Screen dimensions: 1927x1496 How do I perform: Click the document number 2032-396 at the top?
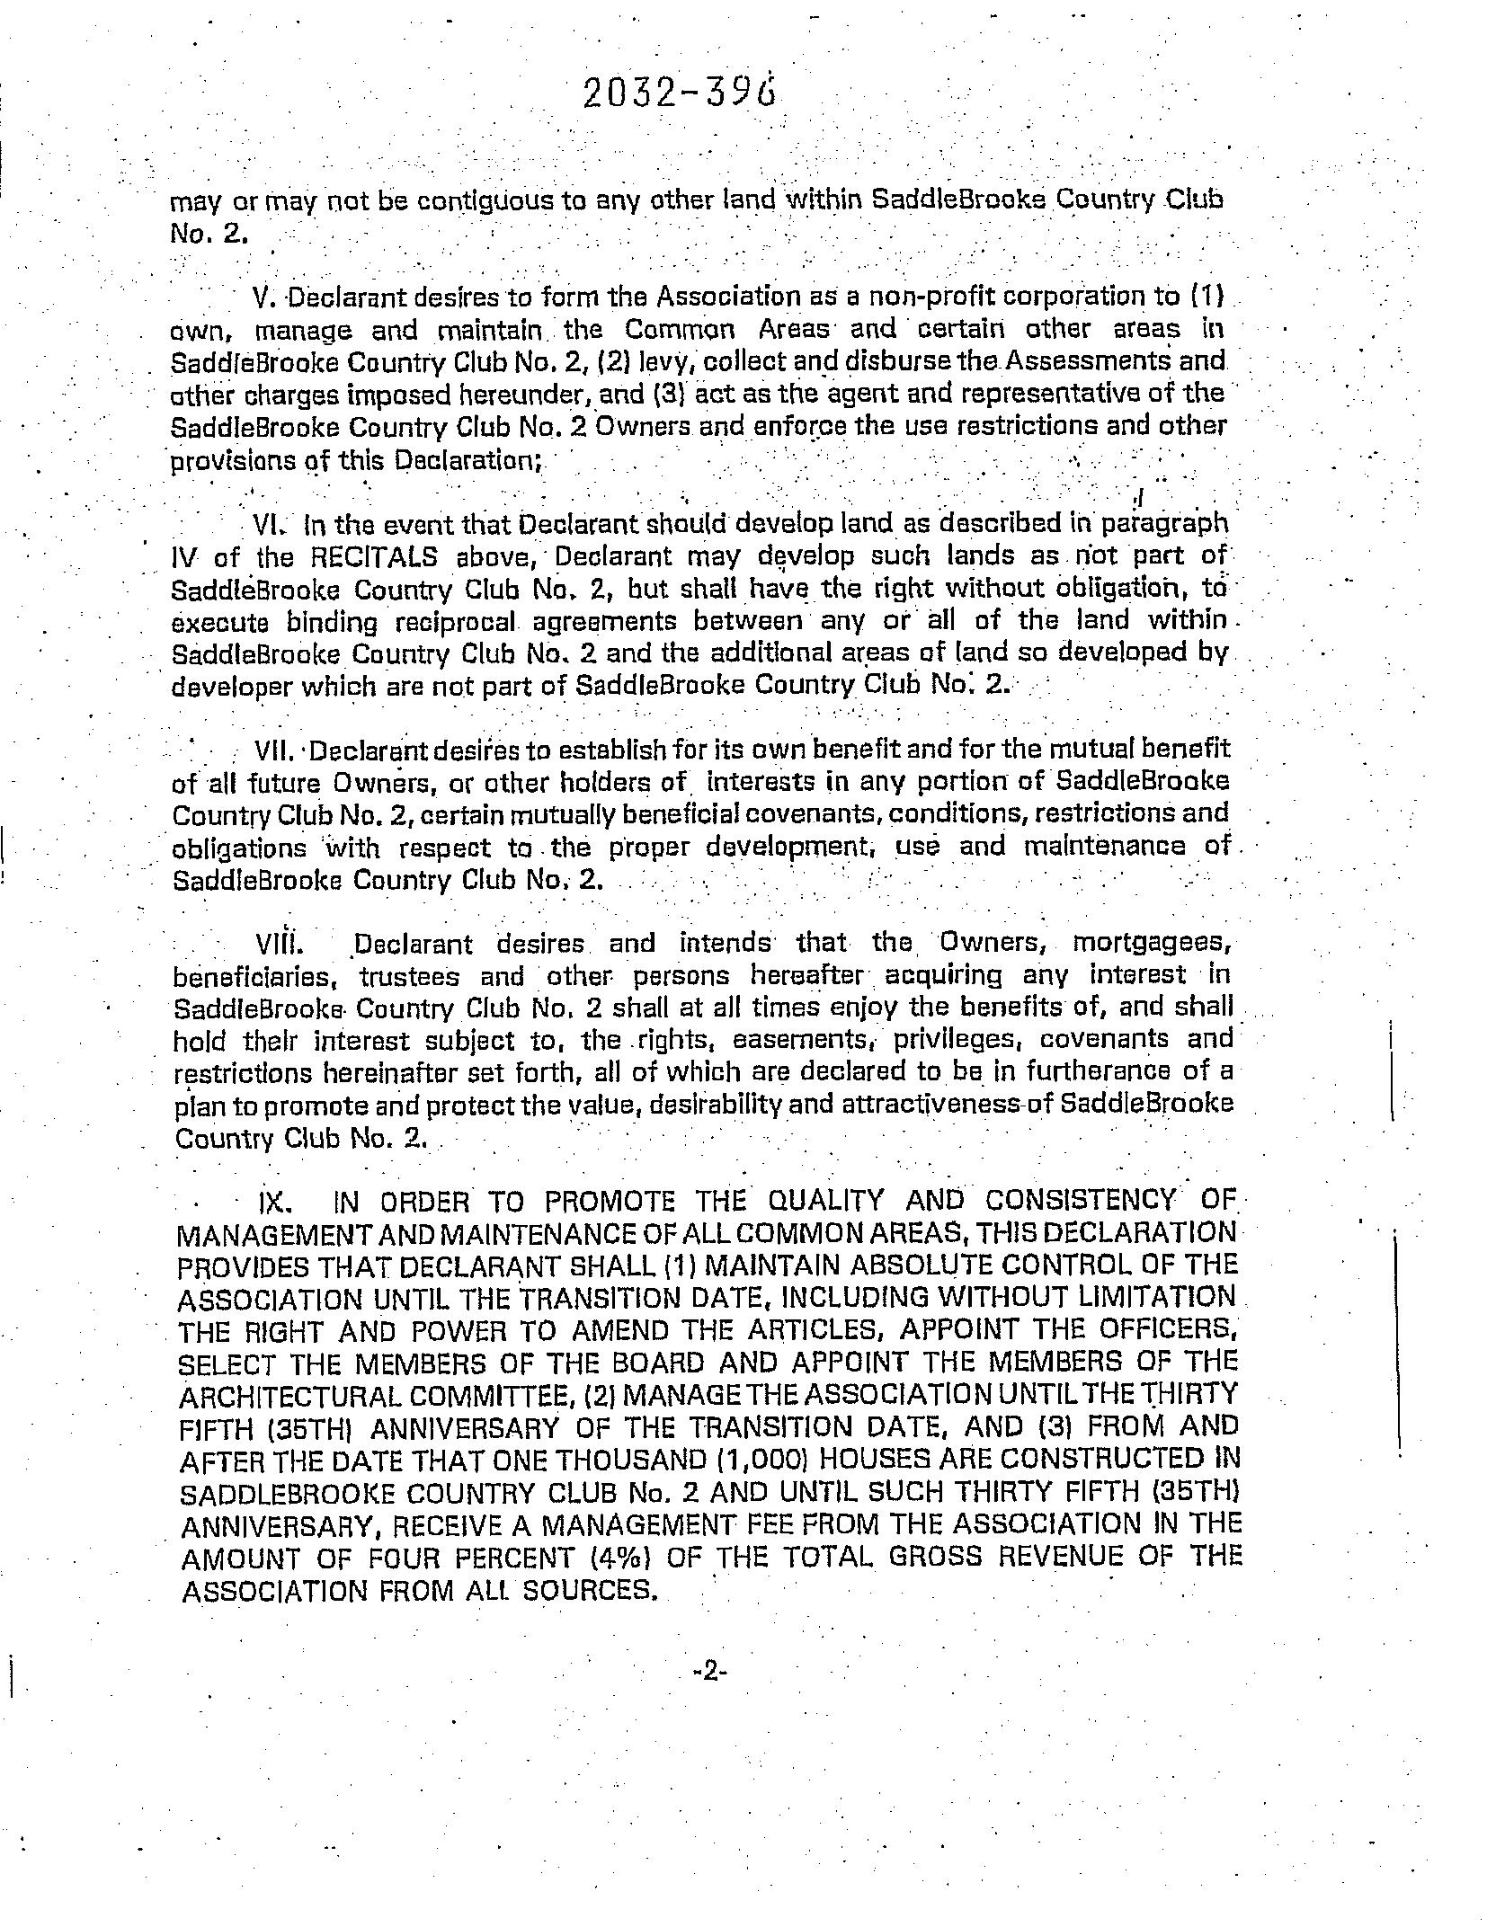(x=679, y=93)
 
